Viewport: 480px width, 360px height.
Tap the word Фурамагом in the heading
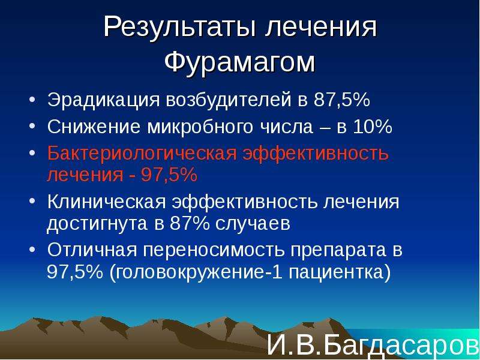click(239, 62)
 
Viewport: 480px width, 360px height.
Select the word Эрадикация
click(103, 101)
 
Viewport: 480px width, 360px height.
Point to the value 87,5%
click(342, 100)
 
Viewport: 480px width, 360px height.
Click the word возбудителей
click(229, 100)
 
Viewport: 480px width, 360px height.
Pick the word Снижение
click(94, 127)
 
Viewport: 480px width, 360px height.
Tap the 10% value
click(373, 126)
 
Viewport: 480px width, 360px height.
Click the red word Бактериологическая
click(142, 154)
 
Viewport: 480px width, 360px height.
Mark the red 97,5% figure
click(169, 175)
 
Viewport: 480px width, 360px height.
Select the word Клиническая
click(107, 202)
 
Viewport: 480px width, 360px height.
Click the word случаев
click(253, 224)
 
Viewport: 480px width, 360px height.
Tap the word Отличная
click(92, 250)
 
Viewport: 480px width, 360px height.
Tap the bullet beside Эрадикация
click(32, 100)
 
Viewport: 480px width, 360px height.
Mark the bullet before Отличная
click(32, 250)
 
